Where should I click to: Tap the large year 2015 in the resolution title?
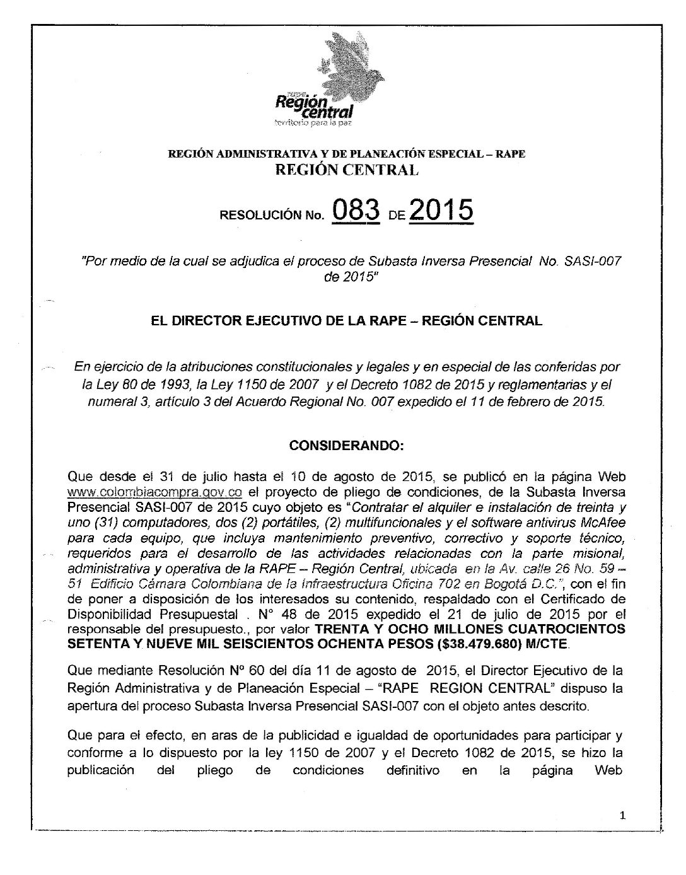coord(441,210)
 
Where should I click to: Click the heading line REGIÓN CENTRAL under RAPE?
coord(344,169)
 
